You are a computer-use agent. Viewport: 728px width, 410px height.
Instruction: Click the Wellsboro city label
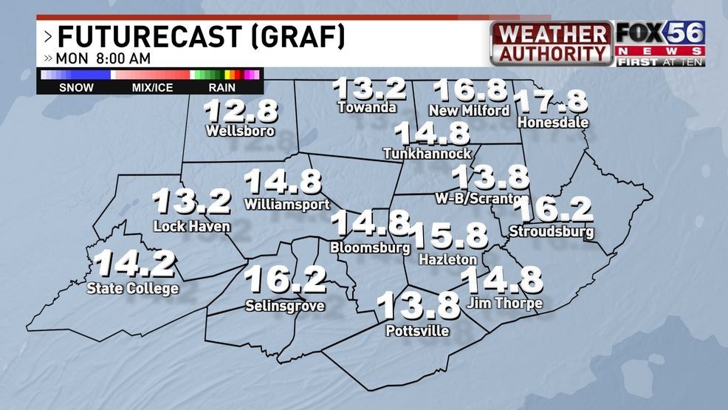pyautogui.click(x=241, y=131)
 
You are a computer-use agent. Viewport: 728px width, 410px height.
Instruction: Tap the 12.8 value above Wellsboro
pyautogui.click(x=241, y=112)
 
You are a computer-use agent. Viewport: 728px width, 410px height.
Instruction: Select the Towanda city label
pyautogui.click(x=367, y=107)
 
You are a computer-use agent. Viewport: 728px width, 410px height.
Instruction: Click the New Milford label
pyautogui.click(x=469, y=110)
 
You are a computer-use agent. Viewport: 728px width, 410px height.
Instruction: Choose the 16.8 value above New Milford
pyautogui.click(x=470, y=89)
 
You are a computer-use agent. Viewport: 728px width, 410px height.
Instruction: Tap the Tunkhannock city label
pyautogui.click(x=427, y=153)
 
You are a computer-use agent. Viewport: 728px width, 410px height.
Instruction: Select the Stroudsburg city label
pyautogui.click(x=552, y=231)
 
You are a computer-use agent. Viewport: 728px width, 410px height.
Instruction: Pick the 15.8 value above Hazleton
pyautogui.click(x=448, y=236)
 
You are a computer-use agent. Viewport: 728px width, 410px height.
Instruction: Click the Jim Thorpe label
pyautogui.click(x=504, y=303)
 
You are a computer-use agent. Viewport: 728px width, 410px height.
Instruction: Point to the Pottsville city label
pyautogui.click(x=417, y=330)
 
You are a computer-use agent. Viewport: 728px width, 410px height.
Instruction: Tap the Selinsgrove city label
pyautogui.click(x=284, y=305)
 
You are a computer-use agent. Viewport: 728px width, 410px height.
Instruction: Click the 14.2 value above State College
pyautogui.click(x=134, y=264)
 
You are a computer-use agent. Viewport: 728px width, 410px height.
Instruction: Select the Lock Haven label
pyautogui.click(x=192, y=226)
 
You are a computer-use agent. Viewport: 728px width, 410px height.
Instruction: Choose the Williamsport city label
pyautogui.click(x=286, y=203)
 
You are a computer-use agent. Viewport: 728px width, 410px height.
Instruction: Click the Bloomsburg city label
pyautogui.click(x=370, y=247)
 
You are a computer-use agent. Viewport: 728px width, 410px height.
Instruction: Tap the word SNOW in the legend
pyautogui.click(x=76, y=87)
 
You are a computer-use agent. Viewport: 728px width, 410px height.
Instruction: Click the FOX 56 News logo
pyautogui.click(x=659, y=44)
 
